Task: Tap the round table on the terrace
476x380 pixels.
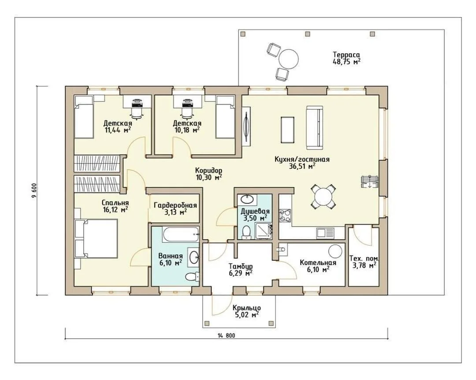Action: (289, 59)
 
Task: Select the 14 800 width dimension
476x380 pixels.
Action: (226, 336)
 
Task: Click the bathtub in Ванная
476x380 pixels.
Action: (181, 234)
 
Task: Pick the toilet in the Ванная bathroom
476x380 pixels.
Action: (192, 277)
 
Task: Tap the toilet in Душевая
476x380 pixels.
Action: (246, 232)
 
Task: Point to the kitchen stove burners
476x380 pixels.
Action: (285, 215)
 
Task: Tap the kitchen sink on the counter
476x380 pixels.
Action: (325, 232)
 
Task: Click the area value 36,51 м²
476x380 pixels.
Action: (302, 166)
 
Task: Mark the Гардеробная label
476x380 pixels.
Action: (175, 205)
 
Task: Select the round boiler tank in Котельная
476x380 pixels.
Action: (335, 251)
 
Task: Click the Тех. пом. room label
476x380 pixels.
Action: (364, 259)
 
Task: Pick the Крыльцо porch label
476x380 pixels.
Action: (246, 308)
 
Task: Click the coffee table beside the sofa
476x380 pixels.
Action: (288, 129)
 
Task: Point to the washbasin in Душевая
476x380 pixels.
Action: (247, 199)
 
